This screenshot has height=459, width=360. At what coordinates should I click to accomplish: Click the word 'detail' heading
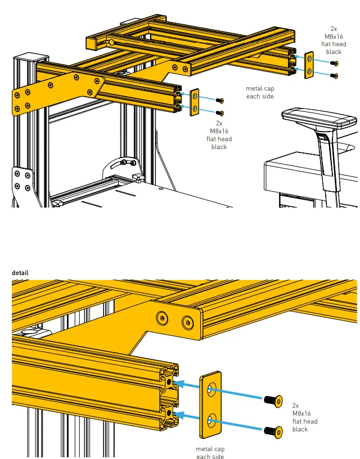point(20,273)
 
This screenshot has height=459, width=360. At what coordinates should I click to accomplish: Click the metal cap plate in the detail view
point(211,403)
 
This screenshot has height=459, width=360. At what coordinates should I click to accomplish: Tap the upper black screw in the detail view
point(272,400)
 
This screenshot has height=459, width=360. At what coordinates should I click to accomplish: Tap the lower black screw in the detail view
point(272,431)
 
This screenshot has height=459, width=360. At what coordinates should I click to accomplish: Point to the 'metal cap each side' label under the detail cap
point(210,452)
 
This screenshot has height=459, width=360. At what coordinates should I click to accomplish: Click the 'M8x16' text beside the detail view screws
point(304,413)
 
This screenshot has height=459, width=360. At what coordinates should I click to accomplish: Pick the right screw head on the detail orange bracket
point(187,322)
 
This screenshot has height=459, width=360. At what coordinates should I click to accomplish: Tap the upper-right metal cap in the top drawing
point(309,65)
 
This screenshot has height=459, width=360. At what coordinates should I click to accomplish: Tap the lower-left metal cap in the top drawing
point(195,101)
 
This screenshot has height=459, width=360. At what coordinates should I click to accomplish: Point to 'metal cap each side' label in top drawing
point(259,92)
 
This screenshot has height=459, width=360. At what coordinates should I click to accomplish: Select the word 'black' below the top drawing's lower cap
point(219,147)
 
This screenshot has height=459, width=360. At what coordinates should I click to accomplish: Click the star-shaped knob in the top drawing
point(137,179)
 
